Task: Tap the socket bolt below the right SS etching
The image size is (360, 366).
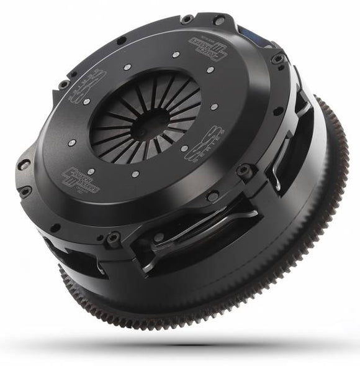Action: click(x=245, y=168)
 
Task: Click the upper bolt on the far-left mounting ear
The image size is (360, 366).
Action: click(x=25, y=165)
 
